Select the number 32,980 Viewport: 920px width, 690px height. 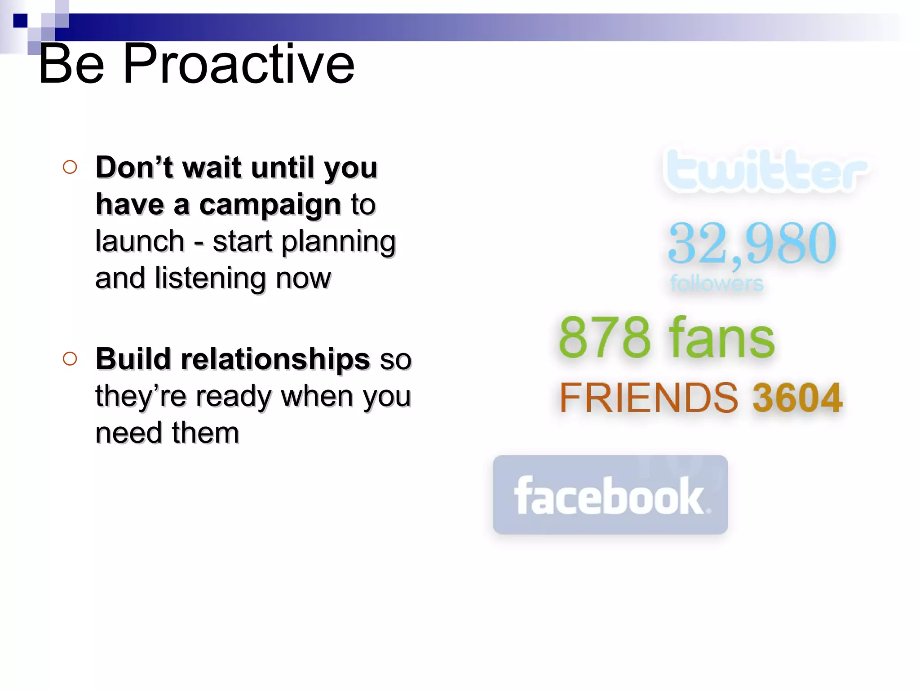(752, 243)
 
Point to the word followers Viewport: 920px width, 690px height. (717, 283)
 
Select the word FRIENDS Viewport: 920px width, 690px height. (648, 398)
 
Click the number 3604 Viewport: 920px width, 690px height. (797, 398)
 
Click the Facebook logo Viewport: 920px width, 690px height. (610, 495)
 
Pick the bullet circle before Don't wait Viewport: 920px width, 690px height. (70, 167)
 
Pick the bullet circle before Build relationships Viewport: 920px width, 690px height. (70, 358)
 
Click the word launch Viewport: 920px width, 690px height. (140, 242)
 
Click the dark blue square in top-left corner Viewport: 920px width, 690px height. (20, 21)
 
